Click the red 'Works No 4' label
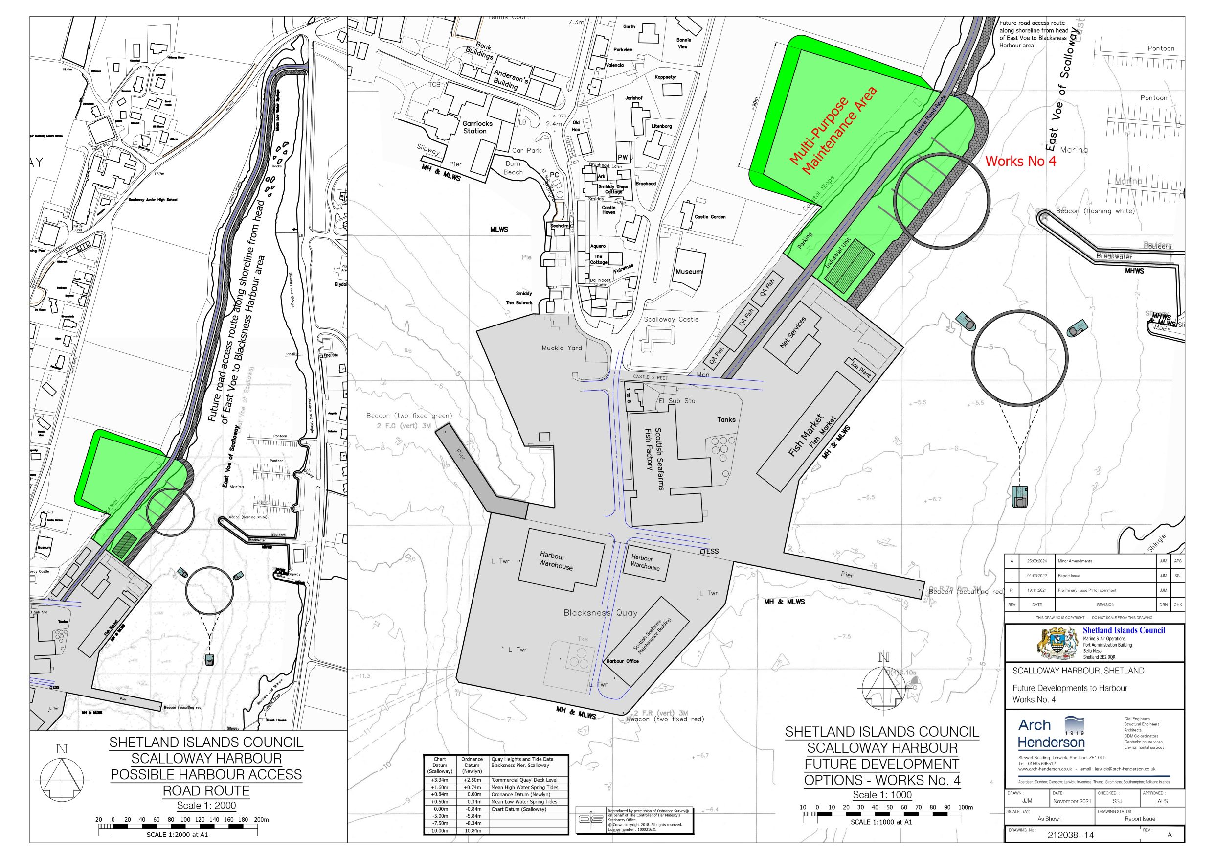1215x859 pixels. (1020, 161)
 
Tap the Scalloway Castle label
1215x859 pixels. (671, 319)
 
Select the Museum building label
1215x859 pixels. (689, 272)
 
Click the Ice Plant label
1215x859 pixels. (860, 369)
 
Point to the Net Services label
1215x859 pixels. (793, 332)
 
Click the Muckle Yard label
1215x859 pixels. (562, 348)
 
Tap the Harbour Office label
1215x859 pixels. (622, 661)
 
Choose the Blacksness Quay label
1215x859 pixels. (601, 613)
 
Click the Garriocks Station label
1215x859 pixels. (477, 127)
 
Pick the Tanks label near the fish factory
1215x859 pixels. (726, 419)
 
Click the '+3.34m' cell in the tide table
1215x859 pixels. (440, 780)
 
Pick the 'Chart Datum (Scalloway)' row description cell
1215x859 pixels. (518, 809)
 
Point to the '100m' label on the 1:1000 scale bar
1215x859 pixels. (966, 808)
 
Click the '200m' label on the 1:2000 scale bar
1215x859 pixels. (261, 820)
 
